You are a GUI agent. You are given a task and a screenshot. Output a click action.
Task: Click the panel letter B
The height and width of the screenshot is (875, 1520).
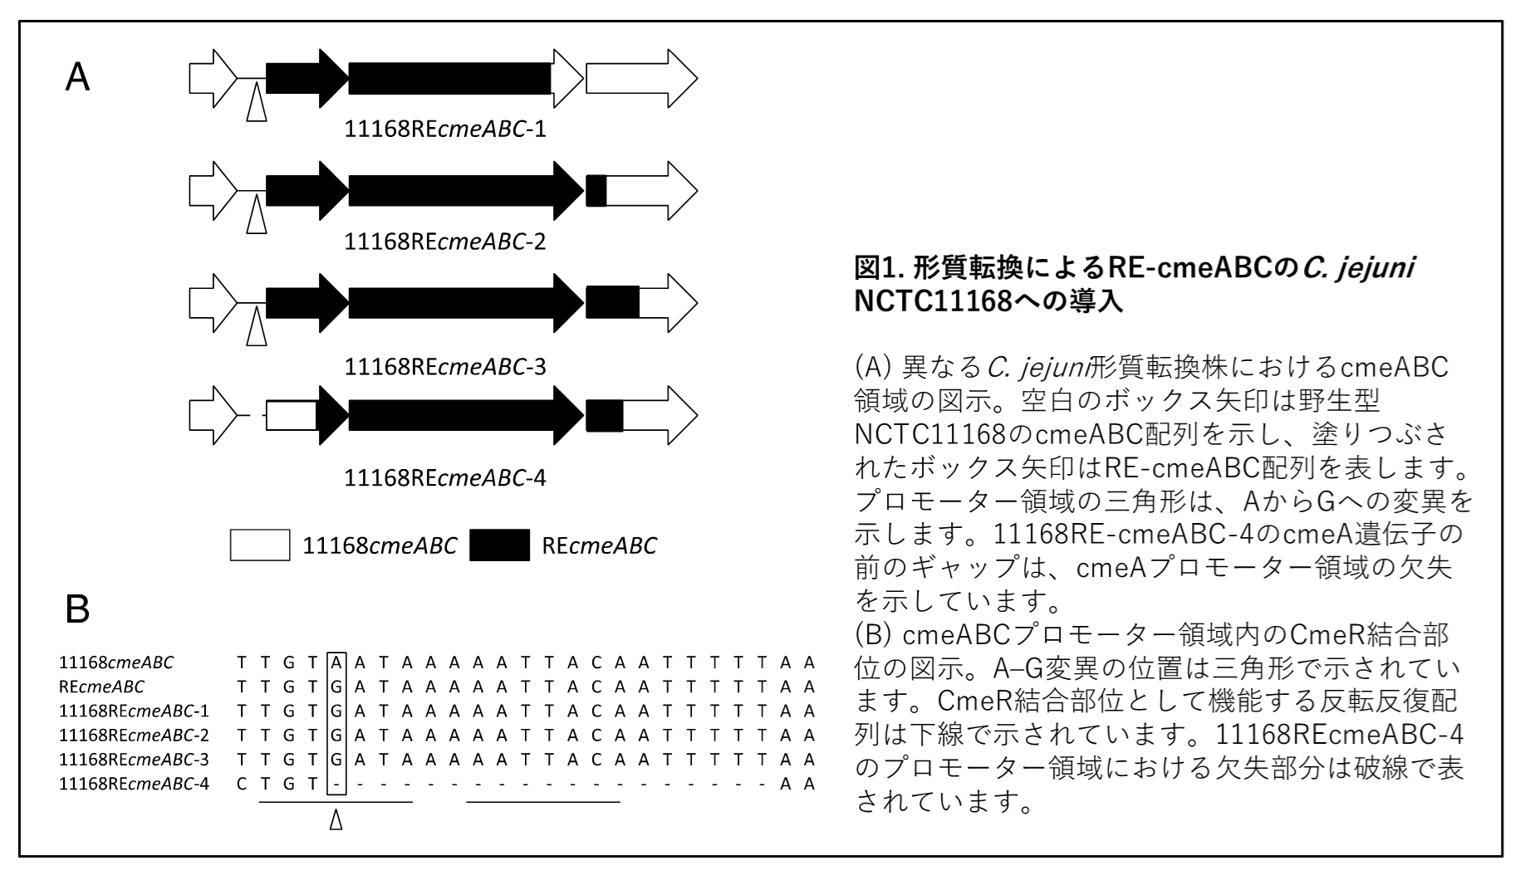click(77, 610)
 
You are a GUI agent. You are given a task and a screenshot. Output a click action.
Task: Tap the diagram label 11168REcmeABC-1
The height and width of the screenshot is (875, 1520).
click(445, 130)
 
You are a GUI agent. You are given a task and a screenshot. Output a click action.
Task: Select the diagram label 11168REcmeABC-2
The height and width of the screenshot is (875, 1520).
click(445, 242)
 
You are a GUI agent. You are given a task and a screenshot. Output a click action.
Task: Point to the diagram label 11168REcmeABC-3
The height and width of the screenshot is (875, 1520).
click(445, 365)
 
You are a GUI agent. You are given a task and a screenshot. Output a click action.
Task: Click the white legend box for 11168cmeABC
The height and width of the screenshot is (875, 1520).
click(260, 545)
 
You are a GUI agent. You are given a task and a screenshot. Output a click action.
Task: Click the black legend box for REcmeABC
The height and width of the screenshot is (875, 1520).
click(499, 545)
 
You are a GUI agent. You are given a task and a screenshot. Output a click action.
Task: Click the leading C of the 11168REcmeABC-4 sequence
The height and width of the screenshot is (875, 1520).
click(242, 784)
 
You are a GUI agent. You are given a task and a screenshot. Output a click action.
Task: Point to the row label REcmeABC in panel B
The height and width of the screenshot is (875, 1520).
click(101, 687)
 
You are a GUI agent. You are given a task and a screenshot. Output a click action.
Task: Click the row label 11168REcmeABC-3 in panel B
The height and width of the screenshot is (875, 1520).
click(134, 759)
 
